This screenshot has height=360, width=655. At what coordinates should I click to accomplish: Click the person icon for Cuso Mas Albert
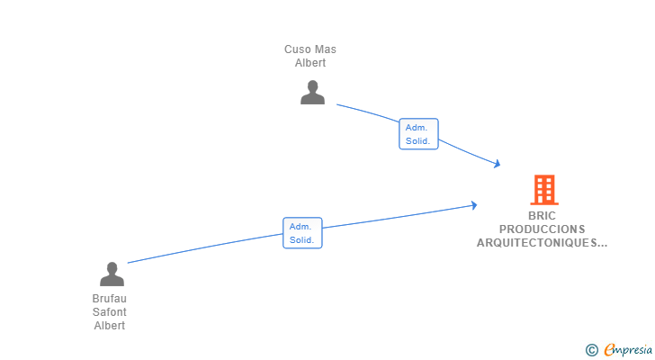pos(312,93)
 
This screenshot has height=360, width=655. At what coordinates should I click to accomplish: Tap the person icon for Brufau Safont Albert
pos(112,274)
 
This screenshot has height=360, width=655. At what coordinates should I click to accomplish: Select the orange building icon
pos(543,190)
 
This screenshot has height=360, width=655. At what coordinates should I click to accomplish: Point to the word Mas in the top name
pos(326,49)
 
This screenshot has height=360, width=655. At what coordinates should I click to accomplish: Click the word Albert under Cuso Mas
pos(310,63)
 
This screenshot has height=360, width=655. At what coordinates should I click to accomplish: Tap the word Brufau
pos(110,299)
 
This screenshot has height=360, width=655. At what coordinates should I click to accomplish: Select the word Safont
pos(110,312)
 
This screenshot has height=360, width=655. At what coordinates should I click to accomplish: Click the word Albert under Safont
pos(110,326)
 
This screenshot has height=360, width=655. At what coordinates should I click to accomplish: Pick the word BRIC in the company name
pos(543,216)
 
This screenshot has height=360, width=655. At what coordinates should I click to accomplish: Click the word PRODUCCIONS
pos(543,229)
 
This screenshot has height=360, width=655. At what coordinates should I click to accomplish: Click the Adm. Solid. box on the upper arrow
pos(418,134)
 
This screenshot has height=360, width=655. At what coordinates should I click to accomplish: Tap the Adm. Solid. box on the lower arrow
pos(302,233)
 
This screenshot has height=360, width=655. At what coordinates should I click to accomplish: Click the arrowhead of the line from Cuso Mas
pos(497,164)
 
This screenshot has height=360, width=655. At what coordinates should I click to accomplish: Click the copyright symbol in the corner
pos(591,350)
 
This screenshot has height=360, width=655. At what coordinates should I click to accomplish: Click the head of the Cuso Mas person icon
pos(312,86)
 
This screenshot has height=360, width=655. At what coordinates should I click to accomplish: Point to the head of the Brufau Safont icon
pos(112,268)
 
